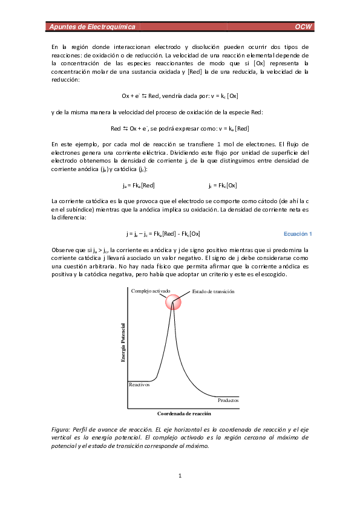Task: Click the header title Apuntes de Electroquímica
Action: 93,27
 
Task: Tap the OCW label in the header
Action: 303,27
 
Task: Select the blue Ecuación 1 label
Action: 298,234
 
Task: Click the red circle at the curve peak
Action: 173,302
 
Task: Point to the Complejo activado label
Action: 151,291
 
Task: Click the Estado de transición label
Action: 213,291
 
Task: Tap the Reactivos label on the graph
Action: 139,384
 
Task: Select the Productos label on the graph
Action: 228,400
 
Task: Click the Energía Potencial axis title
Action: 123,343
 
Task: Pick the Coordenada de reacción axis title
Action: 184,413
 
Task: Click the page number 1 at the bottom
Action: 180,476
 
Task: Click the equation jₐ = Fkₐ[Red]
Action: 139,186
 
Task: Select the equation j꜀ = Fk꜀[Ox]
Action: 223,186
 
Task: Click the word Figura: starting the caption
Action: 61,429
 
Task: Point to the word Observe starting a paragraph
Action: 63,250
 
